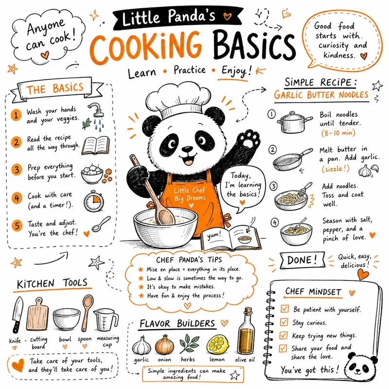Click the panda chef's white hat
178,100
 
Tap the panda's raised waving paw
250,140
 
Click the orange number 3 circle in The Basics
17,170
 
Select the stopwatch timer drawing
93,201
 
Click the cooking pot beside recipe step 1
294,123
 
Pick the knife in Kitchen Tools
18,315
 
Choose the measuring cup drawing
106,320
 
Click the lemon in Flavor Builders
217,345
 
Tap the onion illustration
164,345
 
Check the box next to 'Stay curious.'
284,322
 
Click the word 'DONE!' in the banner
302,260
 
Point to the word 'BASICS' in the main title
254,46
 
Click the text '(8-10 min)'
338,133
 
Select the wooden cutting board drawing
37,314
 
